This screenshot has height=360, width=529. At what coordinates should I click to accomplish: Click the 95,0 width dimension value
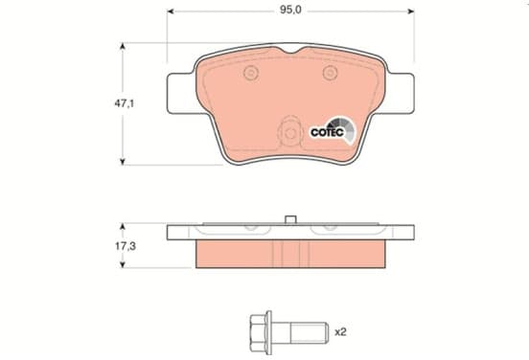point(290,11)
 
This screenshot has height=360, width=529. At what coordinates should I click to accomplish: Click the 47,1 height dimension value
point(125,103)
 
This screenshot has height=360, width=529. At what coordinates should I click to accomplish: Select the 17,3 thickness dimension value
point(126,246)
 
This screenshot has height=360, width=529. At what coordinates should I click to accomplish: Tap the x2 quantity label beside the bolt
point(340,332)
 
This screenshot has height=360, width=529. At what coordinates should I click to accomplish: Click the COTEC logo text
point(327,132)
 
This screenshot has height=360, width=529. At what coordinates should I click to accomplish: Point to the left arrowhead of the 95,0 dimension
point(171,11)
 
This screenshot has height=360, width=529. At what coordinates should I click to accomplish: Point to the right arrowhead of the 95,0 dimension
point(410,11)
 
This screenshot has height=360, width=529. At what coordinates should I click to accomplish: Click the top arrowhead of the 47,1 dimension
point(123,46)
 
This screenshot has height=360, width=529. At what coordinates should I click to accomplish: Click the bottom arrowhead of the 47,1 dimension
point(123,162)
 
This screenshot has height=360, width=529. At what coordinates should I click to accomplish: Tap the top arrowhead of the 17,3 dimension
point(123,226)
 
